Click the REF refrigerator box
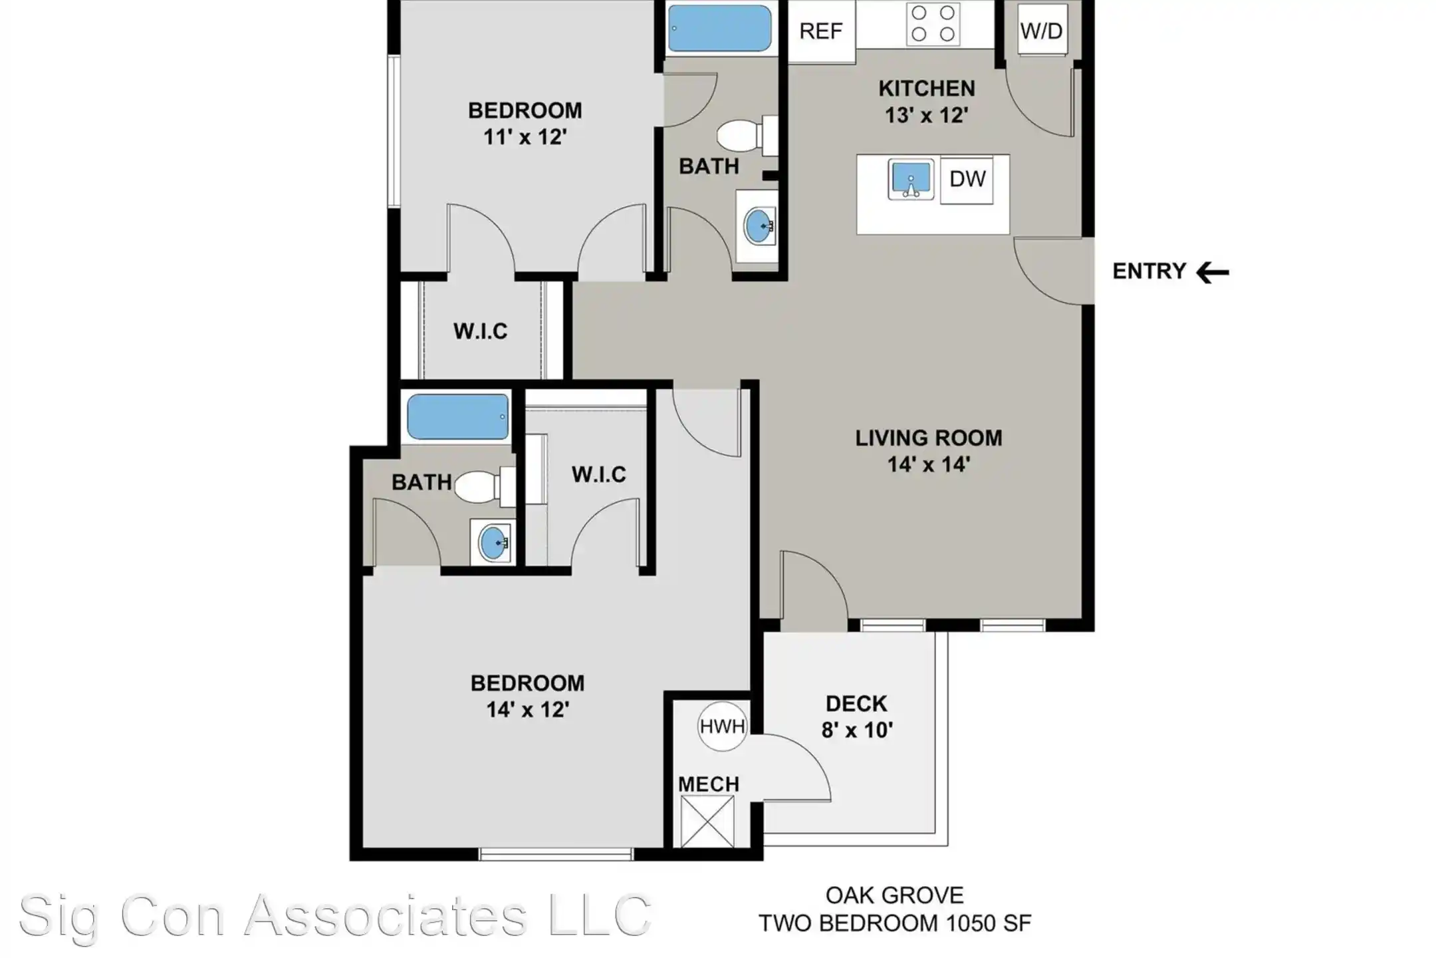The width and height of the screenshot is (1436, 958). click(821, 31)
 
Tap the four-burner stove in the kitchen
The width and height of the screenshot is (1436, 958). click(933, 23)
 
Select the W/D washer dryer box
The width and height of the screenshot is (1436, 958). click(1041, 30)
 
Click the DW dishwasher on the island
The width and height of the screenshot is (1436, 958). click(967, 179)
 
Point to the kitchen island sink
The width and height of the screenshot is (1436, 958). click(911, 179)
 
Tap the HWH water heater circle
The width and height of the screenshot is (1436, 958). click(723, 726)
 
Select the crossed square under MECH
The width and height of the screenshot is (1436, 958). click(707, 822)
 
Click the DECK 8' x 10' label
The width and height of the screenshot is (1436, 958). click(856, 717)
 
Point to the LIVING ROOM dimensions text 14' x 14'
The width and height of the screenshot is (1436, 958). click(928, 464)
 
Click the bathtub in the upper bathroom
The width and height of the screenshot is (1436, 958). click(719, 29)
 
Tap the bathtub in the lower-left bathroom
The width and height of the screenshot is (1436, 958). click(457, 417)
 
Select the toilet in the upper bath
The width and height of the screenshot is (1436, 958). click(741, 136)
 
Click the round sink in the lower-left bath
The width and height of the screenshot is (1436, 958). click(493, 542)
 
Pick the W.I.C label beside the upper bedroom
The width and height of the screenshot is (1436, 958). click(480, 331)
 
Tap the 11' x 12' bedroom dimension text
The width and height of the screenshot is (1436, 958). click(525, 137)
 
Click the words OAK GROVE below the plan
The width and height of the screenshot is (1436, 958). click(894, 895)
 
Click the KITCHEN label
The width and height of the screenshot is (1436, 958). click(927, 88)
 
